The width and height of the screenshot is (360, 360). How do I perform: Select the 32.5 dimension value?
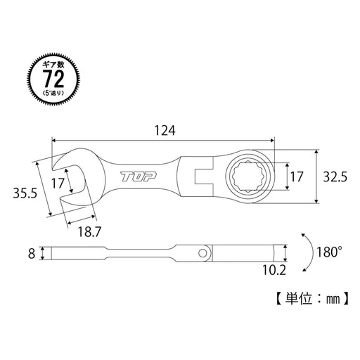coord(336,178)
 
